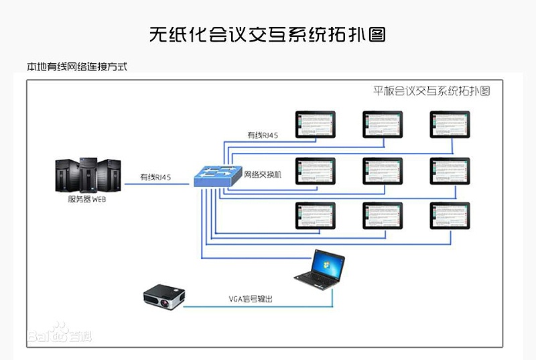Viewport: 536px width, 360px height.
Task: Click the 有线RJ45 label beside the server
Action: (155, 178)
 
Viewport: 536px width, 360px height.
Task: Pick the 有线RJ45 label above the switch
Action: (263, 135)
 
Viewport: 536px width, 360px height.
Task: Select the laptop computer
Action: (321, 272)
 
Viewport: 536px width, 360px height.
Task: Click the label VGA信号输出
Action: (249, 300)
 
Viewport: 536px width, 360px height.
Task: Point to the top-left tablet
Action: (316, 124)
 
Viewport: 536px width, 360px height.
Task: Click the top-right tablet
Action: (450, 124)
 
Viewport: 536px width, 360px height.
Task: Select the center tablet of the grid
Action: (383, 171)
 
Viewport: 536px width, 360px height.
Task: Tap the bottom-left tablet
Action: (316, 216)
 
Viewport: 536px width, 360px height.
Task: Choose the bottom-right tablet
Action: (450, 216)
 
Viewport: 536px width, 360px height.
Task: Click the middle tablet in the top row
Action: (383, 124)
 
